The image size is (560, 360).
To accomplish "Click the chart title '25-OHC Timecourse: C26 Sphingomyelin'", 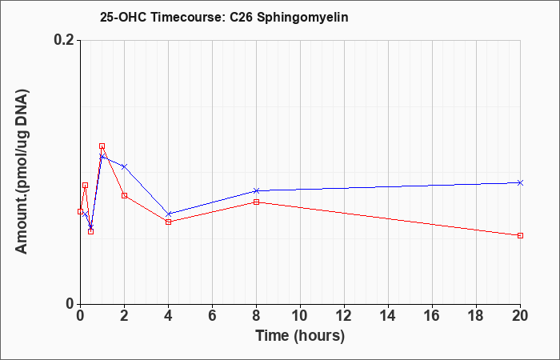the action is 224,17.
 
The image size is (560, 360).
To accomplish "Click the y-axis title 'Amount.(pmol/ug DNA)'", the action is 22,172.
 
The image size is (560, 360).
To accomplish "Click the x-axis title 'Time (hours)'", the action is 300,336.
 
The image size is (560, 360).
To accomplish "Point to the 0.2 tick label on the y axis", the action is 65,40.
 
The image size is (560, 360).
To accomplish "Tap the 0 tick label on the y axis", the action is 70,304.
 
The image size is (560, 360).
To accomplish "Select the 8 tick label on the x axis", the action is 257,316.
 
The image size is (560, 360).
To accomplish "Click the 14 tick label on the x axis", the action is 388,316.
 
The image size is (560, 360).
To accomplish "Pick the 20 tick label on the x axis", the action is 520,316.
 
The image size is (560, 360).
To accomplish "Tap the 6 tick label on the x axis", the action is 213,316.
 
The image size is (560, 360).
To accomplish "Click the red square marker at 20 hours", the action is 520,235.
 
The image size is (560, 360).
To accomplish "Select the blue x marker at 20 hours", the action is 520,182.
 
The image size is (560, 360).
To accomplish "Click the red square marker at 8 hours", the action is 257,202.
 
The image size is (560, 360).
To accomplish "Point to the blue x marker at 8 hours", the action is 257,190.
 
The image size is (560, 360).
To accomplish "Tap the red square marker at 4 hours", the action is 169,222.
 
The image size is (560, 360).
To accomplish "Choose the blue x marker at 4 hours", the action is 169,214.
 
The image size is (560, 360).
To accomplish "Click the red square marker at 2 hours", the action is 124,195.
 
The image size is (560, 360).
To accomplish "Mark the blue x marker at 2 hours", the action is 124,166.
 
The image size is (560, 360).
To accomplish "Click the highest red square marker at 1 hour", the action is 102,146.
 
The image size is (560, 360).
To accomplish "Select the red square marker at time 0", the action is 80,211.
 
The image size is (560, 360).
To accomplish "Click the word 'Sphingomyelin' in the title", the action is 302,18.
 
